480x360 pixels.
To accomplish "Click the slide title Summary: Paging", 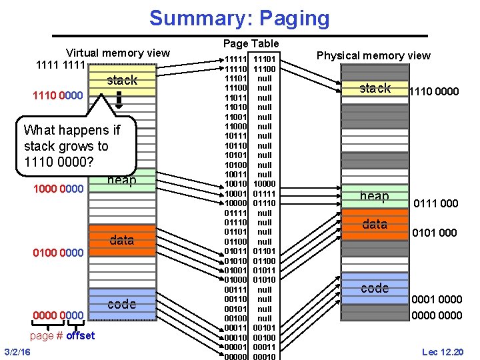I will pyautogui.click(x=239, y=18).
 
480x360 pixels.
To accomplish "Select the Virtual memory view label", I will pyautogui.click(x=117, y=53).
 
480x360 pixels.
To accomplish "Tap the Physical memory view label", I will pyautogui.click(x=373, y=55).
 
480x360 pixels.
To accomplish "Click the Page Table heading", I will pyautogui.click(x=251, y=43).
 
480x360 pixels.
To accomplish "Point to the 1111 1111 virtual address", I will pyautogui.click(x=59, y=67).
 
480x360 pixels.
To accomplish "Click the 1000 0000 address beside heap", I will pyautogui.click(x=59, y=189).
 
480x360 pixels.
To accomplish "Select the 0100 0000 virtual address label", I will pyautogui.click(x=59, y=253).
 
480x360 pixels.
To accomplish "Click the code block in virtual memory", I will pyautogui.click(x=121, y=303).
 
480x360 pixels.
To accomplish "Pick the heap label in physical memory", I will pyautogui.click(x=374, y=195).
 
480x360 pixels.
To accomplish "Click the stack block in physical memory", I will pyautogui.click(x=375, y=88).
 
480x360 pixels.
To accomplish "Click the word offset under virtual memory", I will pyautogui.click(x=80, y=335).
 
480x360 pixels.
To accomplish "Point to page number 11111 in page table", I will pyautogui.click(x=235, y=59).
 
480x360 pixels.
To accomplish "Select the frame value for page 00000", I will pyautogui.click(x=264, y=357).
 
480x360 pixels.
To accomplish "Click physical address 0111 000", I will pyautogui.click(x=436, y=203).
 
